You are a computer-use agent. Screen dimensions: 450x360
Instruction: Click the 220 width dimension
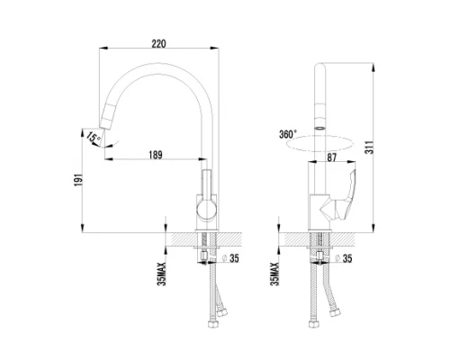[x=158, y=44]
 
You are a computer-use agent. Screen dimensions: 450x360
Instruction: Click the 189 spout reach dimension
[x=156, y=155]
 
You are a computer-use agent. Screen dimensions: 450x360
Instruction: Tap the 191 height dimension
[x=78, y=180]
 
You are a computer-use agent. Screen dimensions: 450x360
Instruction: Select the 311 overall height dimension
[x=371, y=147]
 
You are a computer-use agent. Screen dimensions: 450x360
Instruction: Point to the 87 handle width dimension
[x=331, y=157]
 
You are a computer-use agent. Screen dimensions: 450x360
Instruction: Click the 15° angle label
[x=94, y=138]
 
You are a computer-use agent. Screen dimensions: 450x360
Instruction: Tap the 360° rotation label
[x=288, y=134]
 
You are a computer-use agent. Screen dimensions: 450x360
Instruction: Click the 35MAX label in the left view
[x=162, y=274]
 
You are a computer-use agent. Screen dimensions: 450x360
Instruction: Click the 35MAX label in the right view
[x=275, y=274]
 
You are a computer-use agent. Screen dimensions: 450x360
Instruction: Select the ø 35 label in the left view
[x=230, y=258]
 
